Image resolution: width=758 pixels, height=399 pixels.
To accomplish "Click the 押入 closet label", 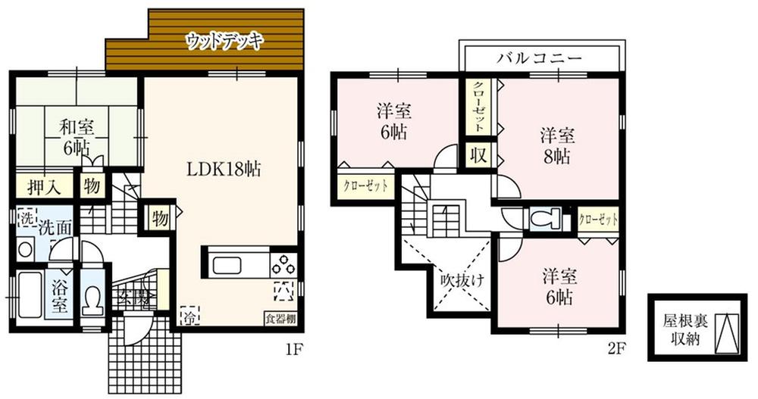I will (39, 185).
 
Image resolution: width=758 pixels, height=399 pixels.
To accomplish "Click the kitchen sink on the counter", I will (229, 266).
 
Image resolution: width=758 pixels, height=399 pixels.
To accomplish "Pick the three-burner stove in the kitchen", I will (283, 265).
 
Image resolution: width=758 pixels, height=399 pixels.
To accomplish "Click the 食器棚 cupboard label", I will (279, 318).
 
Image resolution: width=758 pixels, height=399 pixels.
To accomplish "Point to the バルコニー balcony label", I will (540, 58).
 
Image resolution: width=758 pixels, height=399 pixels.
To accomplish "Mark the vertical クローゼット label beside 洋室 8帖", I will (479, 106).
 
